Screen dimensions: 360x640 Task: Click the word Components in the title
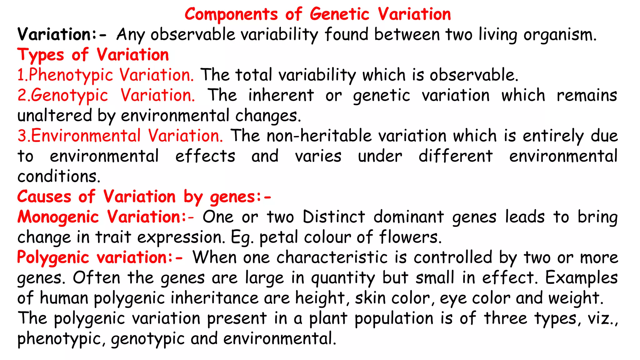(231, 14)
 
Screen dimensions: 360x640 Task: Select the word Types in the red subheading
(41, 55)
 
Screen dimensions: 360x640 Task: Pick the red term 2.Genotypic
(63, 95)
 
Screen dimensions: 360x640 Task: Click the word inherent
(281, 95)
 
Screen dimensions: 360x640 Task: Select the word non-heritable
(319, 136)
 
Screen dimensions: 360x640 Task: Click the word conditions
(58, 177)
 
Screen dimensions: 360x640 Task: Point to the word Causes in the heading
(44, 197)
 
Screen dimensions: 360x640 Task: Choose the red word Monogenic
(58, 217)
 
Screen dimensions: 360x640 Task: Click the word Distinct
(334, 217)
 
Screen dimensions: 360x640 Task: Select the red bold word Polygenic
(53, 258)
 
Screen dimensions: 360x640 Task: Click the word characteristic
(332, 257)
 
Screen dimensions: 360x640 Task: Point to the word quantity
(343, 278)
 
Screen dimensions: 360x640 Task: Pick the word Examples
(581, 278)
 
